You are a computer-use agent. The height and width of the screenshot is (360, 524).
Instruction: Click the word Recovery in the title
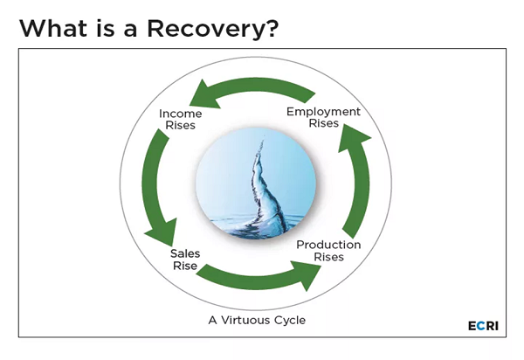(x=207, y=29)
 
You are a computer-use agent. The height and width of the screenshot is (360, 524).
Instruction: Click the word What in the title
(x=53, y=28)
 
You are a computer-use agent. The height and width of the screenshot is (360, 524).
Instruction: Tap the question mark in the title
(x=272, y=28)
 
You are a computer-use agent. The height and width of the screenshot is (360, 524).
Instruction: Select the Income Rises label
(x=181, y=120)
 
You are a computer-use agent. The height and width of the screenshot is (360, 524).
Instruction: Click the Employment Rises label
(x=323, y=117)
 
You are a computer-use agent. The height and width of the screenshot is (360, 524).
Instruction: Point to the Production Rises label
(x=329, y=251)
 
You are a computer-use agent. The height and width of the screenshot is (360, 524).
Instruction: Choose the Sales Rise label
(x=185, y=260)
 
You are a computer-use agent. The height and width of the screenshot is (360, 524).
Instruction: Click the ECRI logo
(x=483, y=326)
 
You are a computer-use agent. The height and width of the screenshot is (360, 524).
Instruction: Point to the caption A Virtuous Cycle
(x=257, y=320)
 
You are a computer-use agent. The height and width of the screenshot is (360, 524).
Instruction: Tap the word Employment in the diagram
(x=323, y=112)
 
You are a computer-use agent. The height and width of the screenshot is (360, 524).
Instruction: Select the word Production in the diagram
(x=329, y=245)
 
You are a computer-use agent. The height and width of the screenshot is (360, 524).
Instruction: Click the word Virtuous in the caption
(x=245, y=320)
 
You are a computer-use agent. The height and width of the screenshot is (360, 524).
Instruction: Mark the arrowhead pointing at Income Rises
(x=203, y=95)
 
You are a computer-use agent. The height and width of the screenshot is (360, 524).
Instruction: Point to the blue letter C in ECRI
(x=481, y=326)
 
